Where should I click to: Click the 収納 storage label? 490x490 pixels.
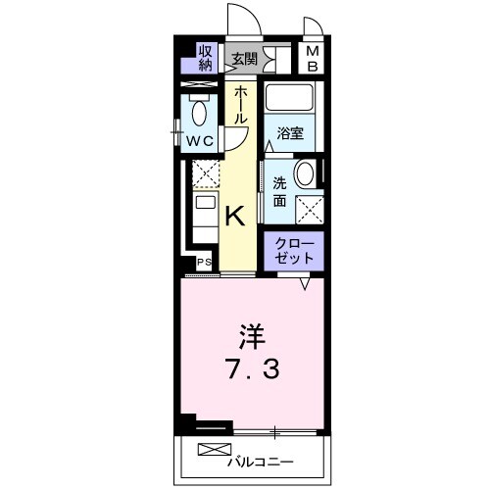[206, 58]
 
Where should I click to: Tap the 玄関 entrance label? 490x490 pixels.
[244, 59]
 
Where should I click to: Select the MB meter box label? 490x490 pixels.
[312, 59]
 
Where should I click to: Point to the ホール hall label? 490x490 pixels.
[240, 105]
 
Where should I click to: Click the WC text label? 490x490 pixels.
[201, 140]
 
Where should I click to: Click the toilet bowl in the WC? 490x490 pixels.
[201, 114]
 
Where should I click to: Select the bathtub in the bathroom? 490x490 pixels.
[290, 101]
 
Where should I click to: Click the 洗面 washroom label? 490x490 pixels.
[279, 191]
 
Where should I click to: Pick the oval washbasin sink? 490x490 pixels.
[306, 175]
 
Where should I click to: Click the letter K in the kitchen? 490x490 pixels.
[236, 215]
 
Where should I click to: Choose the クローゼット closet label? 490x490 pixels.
[293, 249]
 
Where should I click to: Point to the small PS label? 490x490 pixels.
[204, 263]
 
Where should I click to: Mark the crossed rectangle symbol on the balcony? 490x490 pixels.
[210, 450]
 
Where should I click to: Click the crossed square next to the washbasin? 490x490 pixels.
[311, 208]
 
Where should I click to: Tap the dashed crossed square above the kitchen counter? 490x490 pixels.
[205, 174]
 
